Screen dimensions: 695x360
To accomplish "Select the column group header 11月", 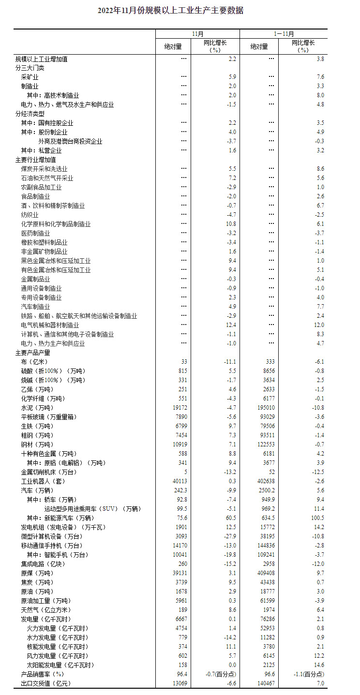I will coord(197,34).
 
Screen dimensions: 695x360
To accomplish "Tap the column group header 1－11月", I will coord(283,34).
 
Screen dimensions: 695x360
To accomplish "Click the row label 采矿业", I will coord(30,77).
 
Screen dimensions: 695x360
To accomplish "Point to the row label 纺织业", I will coord(30,215).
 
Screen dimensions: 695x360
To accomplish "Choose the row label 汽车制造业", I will coord(36,307).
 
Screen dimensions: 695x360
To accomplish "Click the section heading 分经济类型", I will coord(30,114).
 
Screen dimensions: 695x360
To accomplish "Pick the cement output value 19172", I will coord(180,408).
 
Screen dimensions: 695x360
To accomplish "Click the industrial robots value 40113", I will coord(180,481).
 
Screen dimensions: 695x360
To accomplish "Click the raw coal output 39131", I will coord(180,573).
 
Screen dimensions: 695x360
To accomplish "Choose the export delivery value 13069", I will coord(180,683).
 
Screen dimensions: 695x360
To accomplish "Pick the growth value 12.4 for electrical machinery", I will coord(230,325).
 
